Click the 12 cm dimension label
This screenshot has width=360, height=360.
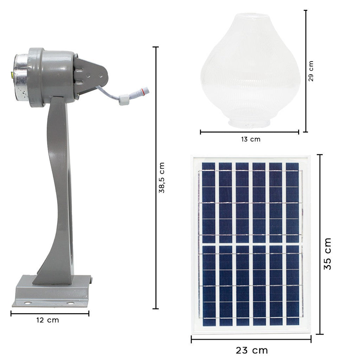pos(47,320)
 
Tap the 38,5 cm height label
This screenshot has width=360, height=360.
pos(162,178)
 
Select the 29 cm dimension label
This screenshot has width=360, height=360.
pos(311,71)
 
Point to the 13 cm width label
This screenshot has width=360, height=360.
pos(251,139)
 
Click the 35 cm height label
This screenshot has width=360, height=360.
pos(328,254)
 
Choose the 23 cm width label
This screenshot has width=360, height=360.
pos(252,351)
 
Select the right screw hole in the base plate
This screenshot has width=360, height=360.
pos(70,304)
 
